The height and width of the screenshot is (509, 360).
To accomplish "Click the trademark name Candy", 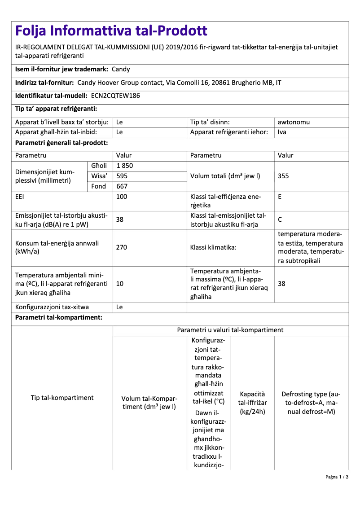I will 121,69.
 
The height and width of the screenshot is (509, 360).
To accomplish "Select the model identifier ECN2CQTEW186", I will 112,96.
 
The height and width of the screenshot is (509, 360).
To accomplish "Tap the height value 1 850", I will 124,166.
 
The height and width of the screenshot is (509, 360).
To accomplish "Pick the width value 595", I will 122,176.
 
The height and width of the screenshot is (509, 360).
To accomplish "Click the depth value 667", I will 122,186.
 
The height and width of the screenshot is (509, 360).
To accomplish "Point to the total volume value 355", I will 283,176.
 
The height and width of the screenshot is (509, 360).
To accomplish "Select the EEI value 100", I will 122,197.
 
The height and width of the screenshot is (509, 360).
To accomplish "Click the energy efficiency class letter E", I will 280,197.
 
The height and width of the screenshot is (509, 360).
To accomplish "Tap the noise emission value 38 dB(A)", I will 120,220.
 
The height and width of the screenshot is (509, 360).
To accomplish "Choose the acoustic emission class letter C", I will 280,220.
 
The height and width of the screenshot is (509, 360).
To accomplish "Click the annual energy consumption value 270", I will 122,247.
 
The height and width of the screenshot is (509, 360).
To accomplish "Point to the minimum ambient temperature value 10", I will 120,284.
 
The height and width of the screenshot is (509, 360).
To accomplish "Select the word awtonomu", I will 294,122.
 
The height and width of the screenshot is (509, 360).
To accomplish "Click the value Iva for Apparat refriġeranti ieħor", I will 282,132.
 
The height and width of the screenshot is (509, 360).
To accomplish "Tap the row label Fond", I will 98,186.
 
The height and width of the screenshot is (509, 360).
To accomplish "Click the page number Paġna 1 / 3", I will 337,477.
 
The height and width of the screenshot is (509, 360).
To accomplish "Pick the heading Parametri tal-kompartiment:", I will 59,318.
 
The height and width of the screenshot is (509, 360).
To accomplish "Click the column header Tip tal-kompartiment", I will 62,398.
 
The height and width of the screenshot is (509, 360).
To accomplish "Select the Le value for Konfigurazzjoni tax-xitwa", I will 119,307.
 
